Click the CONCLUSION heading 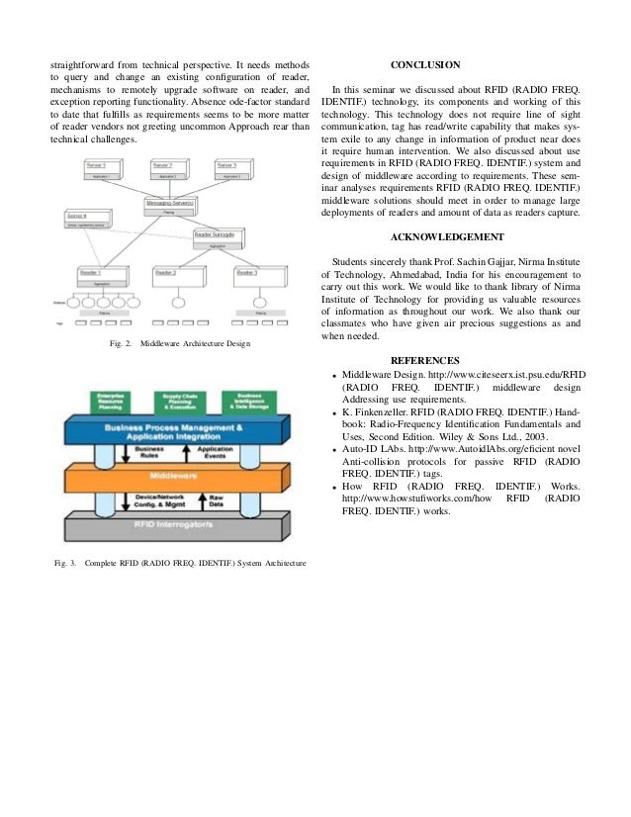[x=425, y=65]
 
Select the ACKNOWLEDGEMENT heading [x=447, y=236]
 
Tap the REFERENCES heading [x=426, y=359]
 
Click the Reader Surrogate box [x=219, y=237]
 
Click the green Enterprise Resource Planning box [x=110, y=402]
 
